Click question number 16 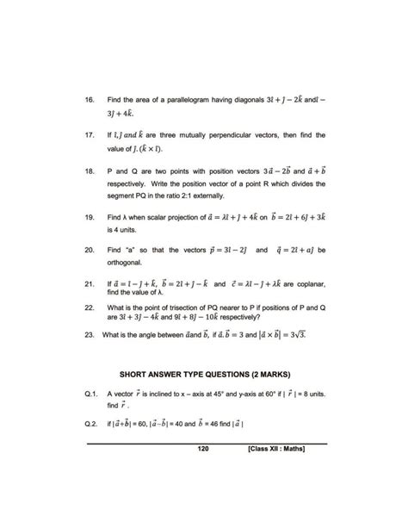point(89,99)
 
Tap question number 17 point(89,135)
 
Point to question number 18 point(89,172)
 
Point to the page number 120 point(203,449)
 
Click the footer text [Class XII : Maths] point(279,449)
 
